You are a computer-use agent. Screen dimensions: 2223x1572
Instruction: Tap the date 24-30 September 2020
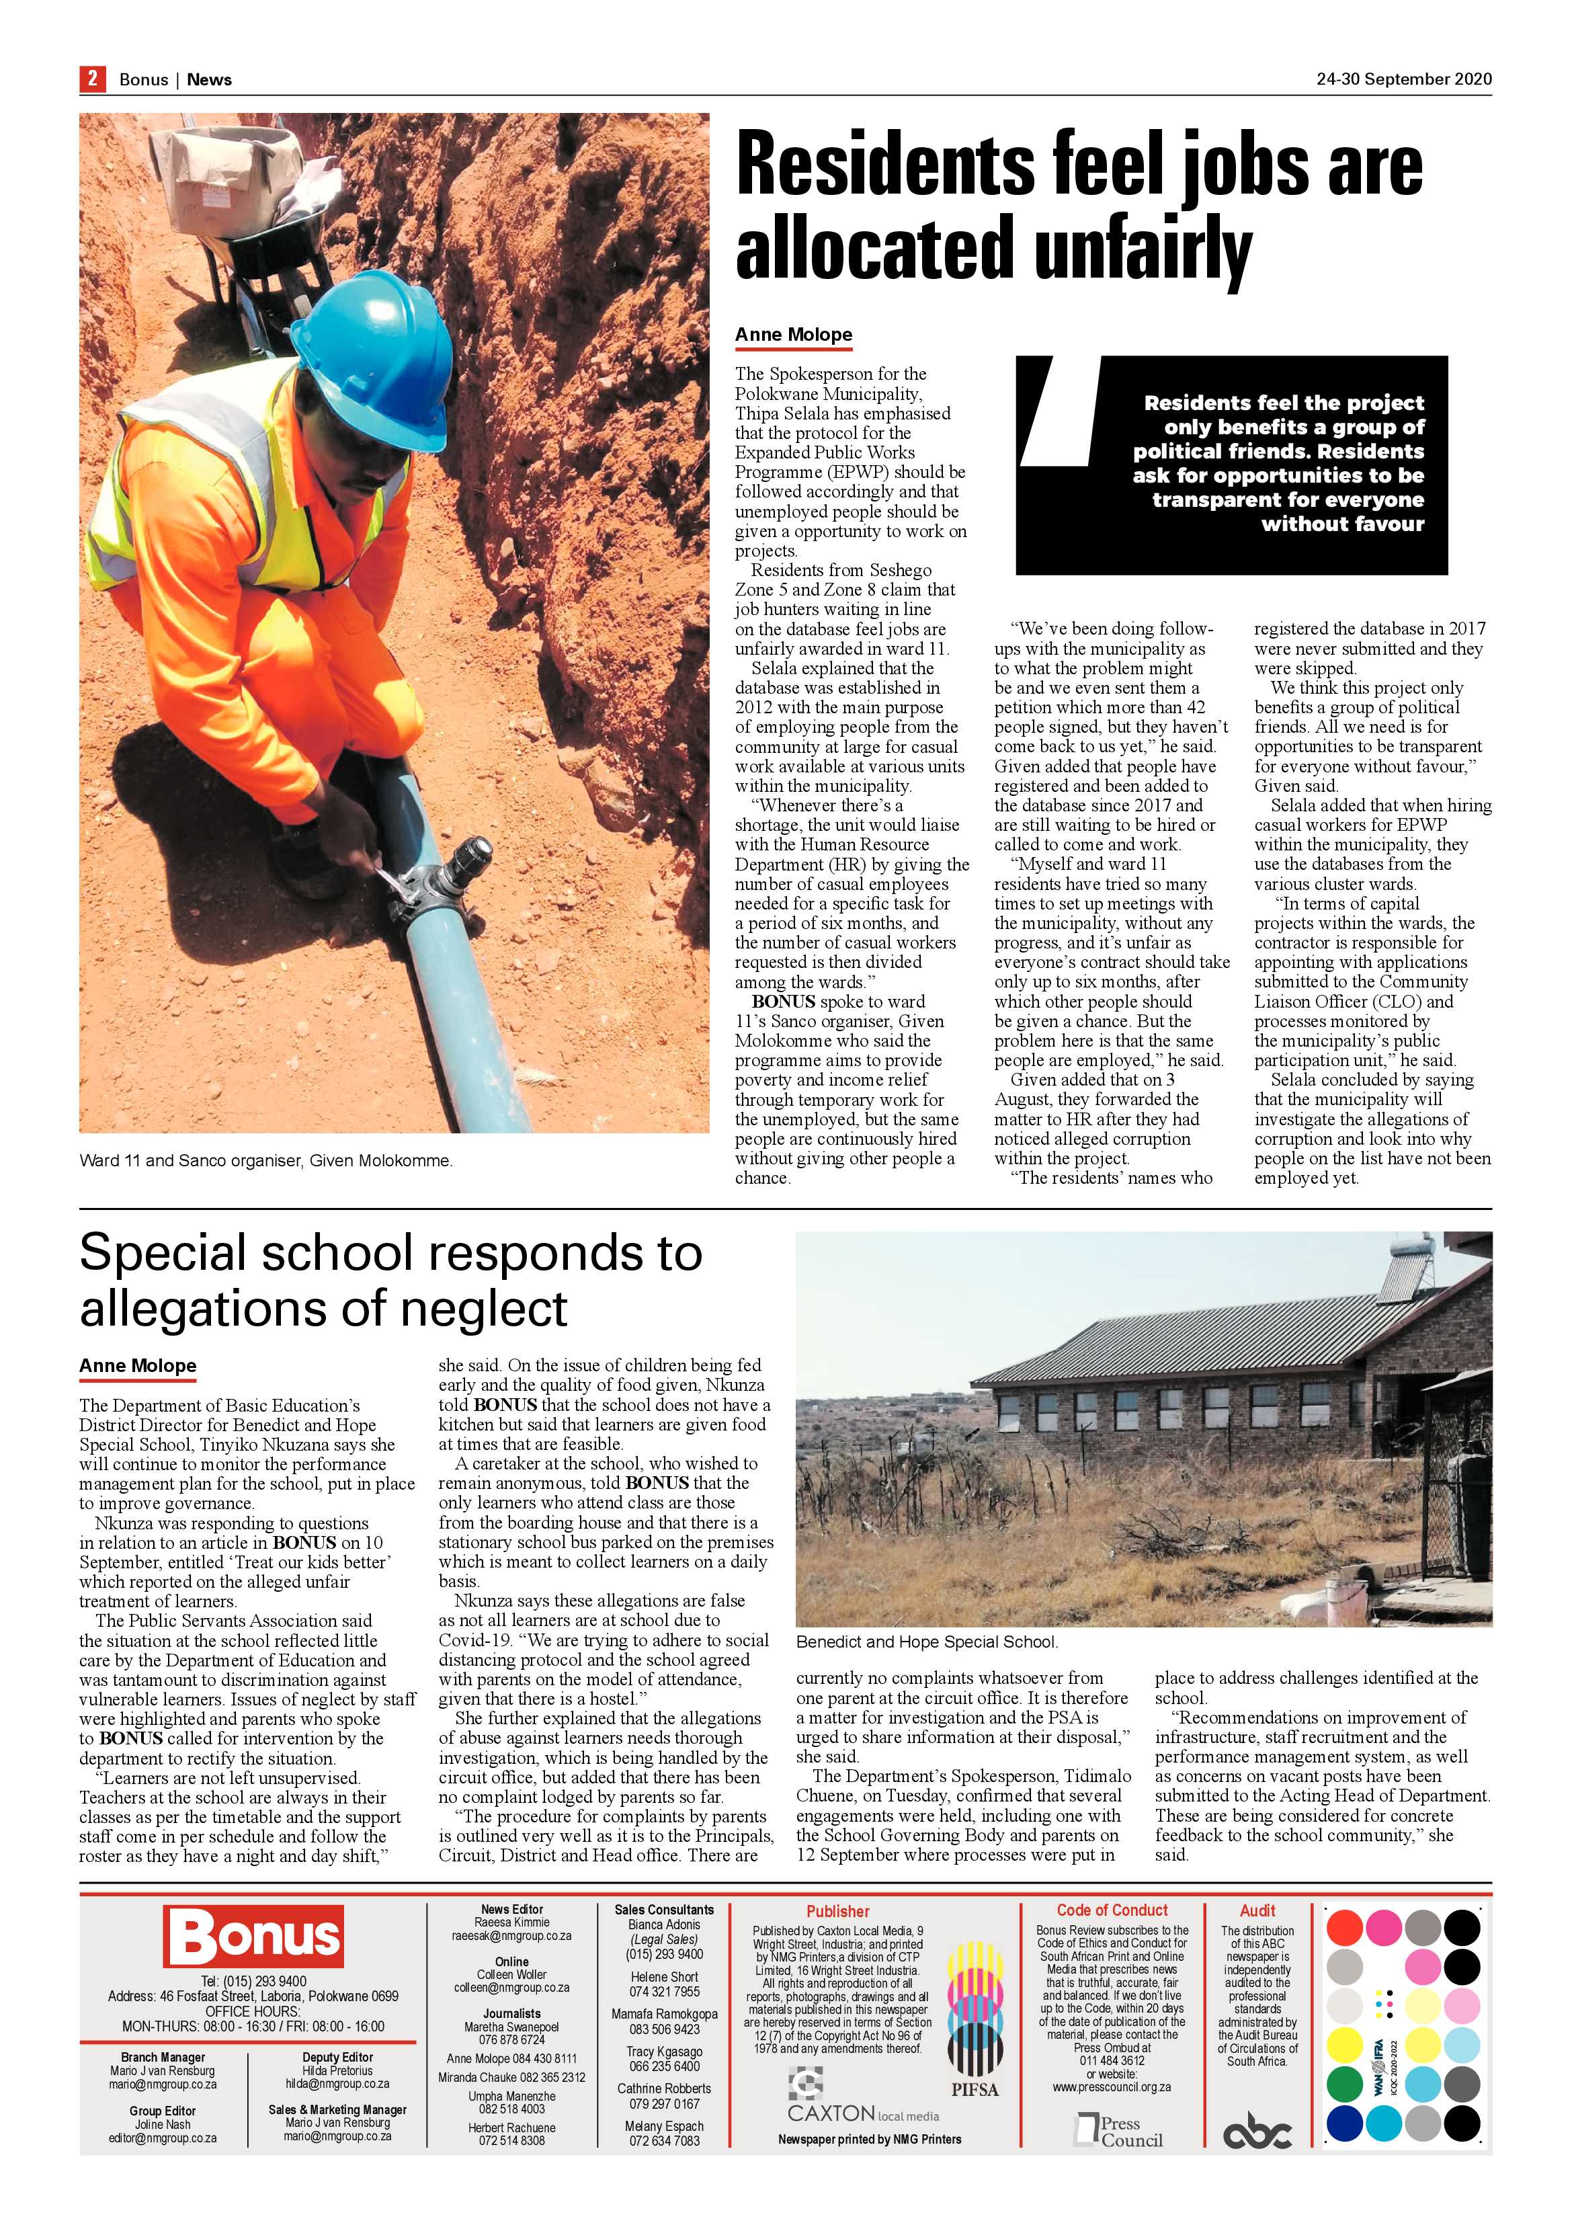(x=1403, y=79)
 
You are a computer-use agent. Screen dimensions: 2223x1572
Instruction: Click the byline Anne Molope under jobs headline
(x=793, y=335)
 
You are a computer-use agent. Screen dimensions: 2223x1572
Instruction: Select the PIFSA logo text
(x=974, y=2089)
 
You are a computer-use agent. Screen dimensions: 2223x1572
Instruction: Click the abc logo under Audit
(x=1257, y=2132)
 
